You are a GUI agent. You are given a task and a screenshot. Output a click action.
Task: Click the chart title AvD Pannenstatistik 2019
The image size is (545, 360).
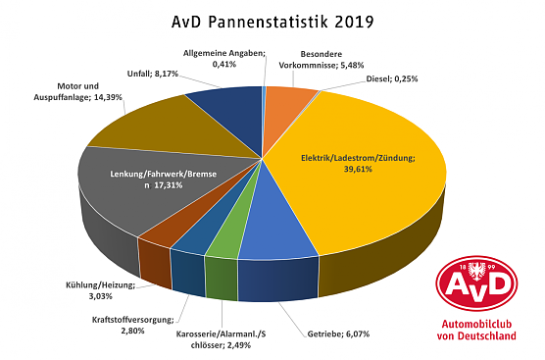(272, 20)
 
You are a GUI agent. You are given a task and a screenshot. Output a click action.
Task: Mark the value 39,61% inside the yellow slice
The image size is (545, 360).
(359, 170)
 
